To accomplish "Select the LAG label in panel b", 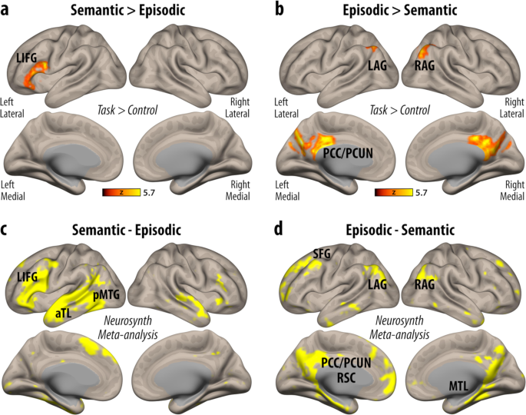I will click(x=378, y=67).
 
